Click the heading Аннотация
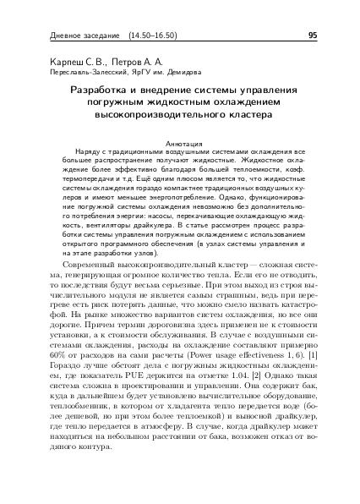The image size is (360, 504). (180, 143)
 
